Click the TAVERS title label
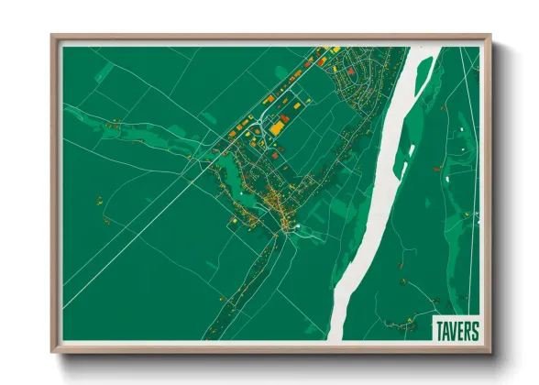(456, 330)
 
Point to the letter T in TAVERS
(440, 330)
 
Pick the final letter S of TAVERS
(474, 330)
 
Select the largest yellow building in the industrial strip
(275, 127)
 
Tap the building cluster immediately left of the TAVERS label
(403, 322)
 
